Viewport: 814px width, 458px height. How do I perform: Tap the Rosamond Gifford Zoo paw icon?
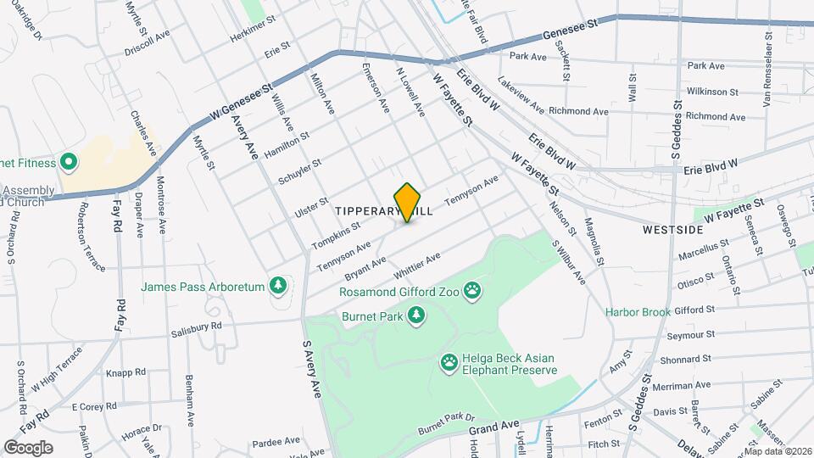[x=472, y=293]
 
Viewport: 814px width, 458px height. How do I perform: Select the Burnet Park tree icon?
[x=415, y=316]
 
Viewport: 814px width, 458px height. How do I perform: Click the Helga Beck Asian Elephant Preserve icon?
[x=449, y=363]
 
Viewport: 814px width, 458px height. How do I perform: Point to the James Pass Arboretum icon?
[x=277, y=288]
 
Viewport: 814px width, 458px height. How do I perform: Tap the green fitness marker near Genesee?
[x=67, y=163]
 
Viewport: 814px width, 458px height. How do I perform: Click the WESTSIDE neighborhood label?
[x=672, y=230]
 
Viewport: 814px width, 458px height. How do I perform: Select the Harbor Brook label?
[x=638, y=312]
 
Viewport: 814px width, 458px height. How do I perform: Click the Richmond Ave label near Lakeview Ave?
[x=578, y=111]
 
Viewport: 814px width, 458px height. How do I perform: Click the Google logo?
[x=28, y=447]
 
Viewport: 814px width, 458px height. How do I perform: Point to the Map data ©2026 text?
[x=778, y=451]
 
